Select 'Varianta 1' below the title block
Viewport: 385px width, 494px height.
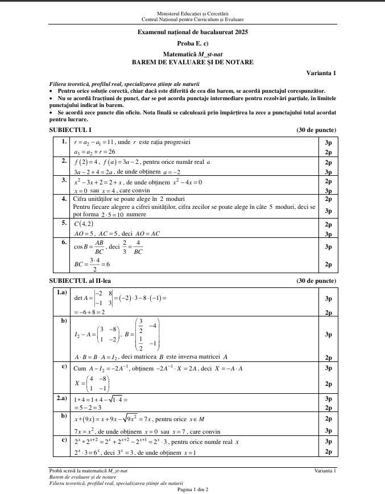(321, 73)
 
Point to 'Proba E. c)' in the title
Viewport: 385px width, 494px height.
(193, 43)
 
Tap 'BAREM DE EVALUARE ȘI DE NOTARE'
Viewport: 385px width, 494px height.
(193, 61)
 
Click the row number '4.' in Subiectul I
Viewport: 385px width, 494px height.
(64, 199)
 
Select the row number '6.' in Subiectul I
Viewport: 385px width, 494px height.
(64, 241)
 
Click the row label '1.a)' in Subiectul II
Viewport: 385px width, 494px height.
(61, 293)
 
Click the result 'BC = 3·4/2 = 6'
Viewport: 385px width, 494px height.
(93, 264)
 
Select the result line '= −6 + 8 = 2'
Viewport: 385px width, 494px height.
(89, 312)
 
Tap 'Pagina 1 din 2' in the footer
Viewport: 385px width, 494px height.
(193, 489)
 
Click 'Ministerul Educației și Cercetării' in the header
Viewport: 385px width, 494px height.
(193, 13)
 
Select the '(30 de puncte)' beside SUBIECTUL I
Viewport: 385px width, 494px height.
(316, 130)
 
